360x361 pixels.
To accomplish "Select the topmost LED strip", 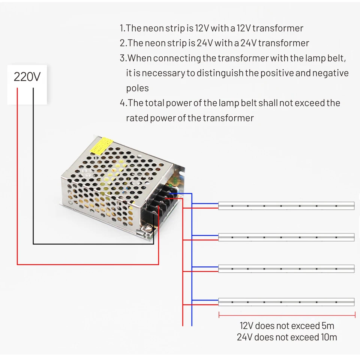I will [x=286, y=206].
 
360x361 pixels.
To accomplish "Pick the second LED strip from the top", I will [x=286, y=237].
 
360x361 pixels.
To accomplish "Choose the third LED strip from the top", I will [x=286, y=269].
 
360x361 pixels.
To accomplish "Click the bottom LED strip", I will [x=286, y=302].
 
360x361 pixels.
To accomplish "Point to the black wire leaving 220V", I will [x=33, y=165].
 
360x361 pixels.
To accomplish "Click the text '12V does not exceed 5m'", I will [x=287, y=325].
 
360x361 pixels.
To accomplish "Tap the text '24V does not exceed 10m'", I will [x=287, y=337].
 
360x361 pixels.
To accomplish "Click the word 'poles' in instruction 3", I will [x=137, y=88].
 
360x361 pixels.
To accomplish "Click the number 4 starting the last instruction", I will [x=122, y=103].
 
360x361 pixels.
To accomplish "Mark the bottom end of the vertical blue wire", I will [x=192, y=325].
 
